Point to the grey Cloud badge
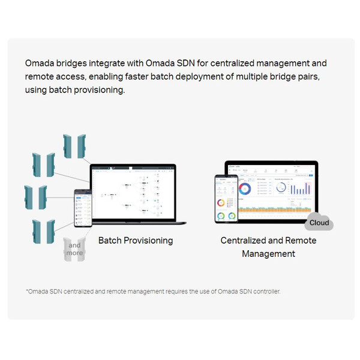pos(319,223)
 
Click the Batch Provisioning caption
pos(136,241)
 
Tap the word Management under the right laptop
pos(268,254)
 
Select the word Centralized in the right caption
pos(244,241)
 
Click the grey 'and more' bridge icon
pos(74,249)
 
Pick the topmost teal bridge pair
pos(72,146)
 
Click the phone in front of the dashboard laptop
pos(226,200)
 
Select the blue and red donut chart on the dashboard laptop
pos(244,189)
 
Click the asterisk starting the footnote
pos(27,292)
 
